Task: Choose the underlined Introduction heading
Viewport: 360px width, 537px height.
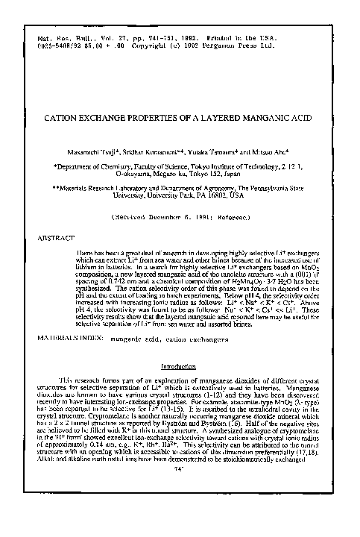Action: tap(180, 367)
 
